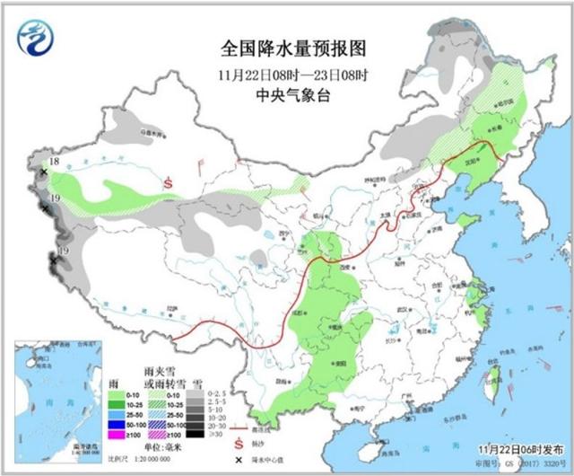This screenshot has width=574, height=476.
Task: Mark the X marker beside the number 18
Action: pos(44,171)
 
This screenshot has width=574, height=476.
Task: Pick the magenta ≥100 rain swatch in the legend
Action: pos(116,436)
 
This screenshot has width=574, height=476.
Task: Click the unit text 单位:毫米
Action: pos(161,446)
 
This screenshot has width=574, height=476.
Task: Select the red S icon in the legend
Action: pos(238,444)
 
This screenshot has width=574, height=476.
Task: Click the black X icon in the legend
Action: pos(238,458)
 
